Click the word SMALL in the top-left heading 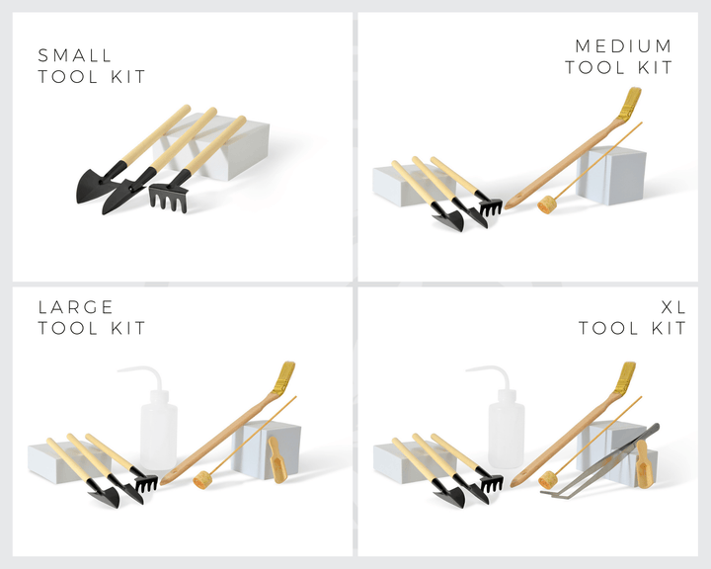pyautogui.click(x=75, y=55)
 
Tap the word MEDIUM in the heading pyautogui.click(x=623, y=45)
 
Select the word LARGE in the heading pyautogui.click(x=75, y=307)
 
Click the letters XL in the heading pyautogui.click(x=673, y=307)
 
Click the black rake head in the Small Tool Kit pyautogui.click(x=169, y=197)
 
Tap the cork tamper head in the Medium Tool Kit pyautogui.click(x=546, y=204)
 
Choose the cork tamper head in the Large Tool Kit pyautogui.click(x=202, y=480)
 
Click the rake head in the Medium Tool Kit pyautogui.click(x=490, y=205)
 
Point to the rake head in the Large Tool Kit pyautogui.click(x=146, y=482)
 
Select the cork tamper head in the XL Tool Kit pyautogui.click(x=548, y=480)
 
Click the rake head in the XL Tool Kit pyautogui.click(x=491, y=483)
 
